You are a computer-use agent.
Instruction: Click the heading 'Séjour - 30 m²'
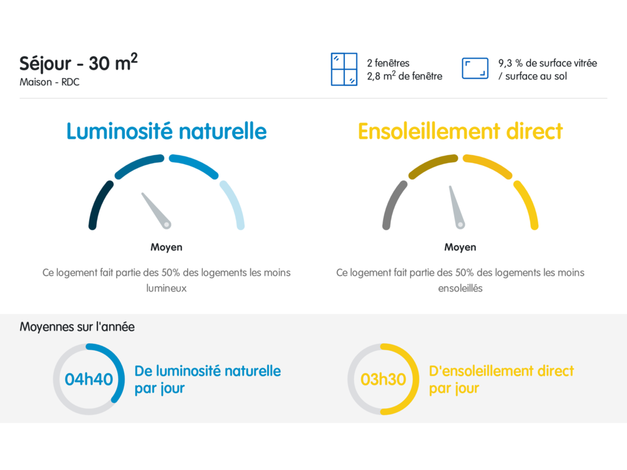(x=78, y=63)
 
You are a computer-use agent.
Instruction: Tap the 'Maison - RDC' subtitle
(x=49, y=82)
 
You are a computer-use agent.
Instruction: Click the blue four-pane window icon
(x=344, y=69)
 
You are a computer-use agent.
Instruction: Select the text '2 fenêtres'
(x=388, y=63)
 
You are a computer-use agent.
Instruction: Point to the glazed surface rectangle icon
(x=475, y=69)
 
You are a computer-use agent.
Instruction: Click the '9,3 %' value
(x=510, y=63)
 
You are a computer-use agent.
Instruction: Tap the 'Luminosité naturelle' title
(x=167, y=131)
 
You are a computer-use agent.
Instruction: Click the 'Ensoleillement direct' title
(x=460, y=131)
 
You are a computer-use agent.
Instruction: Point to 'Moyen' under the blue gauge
(x=166, y=247)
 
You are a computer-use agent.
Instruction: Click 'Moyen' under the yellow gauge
(x=460, y=247)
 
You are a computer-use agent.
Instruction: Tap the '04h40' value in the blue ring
(x=89, y=379)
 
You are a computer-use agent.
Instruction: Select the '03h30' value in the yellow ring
(x=383, y=379)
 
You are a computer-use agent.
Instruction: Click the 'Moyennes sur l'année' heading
(x=77, y=327)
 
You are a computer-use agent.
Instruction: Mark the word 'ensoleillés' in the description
(x=460, y=288)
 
